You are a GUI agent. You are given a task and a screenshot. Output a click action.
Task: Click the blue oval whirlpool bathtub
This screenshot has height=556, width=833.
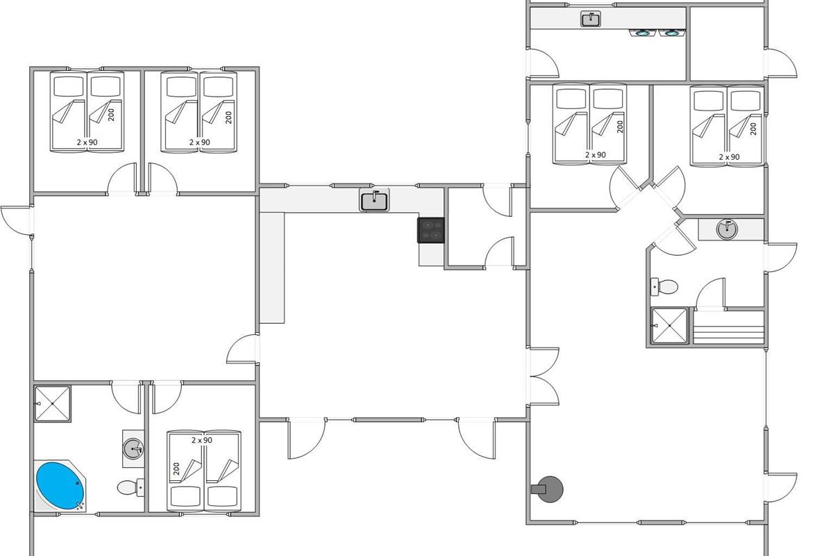click(60, 485)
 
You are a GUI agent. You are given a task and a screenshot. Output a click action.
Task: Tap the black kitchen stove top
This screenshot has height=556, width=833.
click(430, 230)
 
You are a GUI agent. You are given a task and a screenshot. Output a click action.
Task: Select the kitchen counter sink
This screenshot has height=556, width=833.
click(374, 200)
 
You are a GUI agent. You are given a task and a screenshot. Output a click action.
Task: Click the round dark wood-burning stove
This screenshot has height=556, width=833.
click(548, 489)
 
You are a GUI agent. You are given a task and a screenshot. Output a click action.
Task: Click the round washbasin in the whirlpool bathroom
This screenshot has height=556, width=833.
click(133, 448)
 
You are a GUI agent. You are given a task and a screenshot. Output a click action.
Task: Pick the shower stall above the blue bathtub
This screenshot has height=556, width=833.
click(53, 404)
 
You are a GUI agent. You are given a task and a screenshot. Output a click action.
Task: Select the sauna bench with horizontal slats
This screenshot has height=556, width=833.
click(728, 327)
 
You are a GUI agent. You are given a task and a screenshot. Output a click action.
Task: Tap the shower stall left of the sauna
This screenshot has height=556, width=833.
click(669, 325)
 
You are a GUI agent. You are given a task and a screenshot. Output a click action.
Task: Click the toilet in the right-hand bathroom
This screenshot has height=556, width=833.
click(664, 287)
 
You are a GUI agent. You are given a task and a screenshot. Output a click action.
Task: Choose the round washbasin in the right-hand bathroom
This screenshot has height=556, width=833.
click(727, 229)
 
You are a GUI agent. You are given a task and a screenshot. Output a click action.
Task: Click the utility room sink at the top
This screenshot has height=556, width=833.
click(591, 19)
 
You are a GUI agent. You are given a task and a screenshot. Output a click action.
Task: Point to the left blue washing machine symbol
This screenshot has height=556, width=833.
click(642, 33)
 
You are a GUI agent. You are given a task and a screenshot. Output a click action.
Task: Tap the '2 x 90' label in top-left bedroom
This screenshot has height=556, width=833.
click(87, 142)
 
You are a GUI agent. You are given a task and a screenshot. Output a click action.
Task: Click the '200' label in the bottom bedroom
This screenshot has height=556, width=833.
click(176, 468)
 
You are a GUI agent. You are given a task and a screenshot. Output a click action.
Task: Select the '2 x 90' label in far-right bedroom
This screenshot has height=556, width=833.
click(730, 157)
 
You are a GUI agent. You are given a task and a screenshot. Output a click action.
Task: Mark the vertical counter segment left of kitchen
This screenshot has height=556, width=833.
click(272, 268)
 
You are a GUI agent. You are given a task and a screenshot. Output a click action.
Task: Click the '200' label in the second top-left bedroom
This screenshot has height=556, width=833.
click(228, 117)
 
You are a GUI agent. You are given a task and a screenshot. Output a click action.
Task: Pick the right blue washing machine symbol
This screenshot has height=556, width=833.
click(672, 33)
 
